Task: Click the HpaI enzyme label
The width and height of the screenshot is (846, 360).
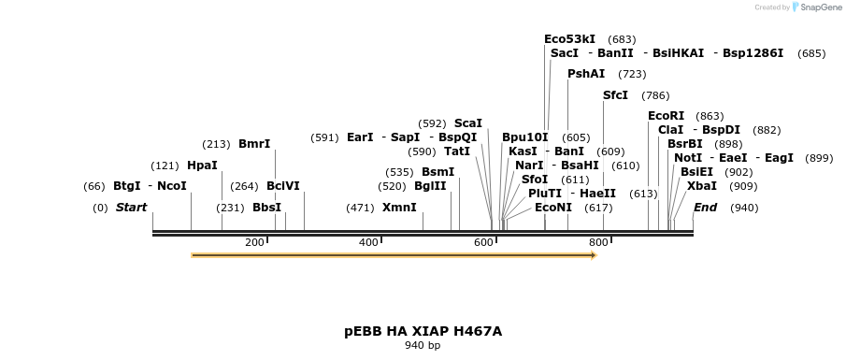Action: (x=202, y=166)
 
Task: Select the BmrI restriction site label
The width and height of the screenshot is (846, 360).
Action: (x=254, y=144)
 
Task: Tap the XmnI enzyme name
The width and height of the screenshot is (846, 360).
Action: (x=399, y=208)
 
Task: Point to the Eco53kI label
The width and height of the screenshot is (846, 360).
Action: (x=569, y=39)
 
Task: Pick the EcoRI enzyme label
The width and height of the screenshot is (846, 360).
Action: (x=666, y=116)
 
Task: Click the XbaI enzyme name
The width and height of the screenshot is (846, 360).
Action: (x=702, y=185)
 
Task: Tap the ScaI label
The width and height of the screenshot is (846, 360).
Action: (x=468, y=123)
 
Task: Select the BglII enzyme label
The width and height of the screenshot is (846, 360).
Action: (x=431, y=186)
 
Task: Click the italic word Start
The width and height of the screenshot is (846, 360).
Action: (x=131, y=208)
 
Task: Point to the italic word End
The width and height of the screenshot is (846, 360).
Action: (x=705, y=208)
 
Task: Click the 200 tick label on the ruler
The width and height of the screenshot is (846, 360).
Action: (x=254, y=243)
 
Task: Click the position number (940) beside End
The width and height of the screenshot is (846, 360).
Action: (x=744, y=208)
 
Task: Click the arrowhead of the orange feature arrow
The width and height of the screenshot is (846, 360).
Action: (x=592, y=254)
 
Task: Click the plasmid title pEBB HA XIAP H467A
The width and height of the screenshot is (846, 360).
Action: (x=423, y=331)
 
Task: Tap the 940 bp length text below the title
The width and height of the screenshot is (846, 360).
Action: (x=423, y=346)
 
